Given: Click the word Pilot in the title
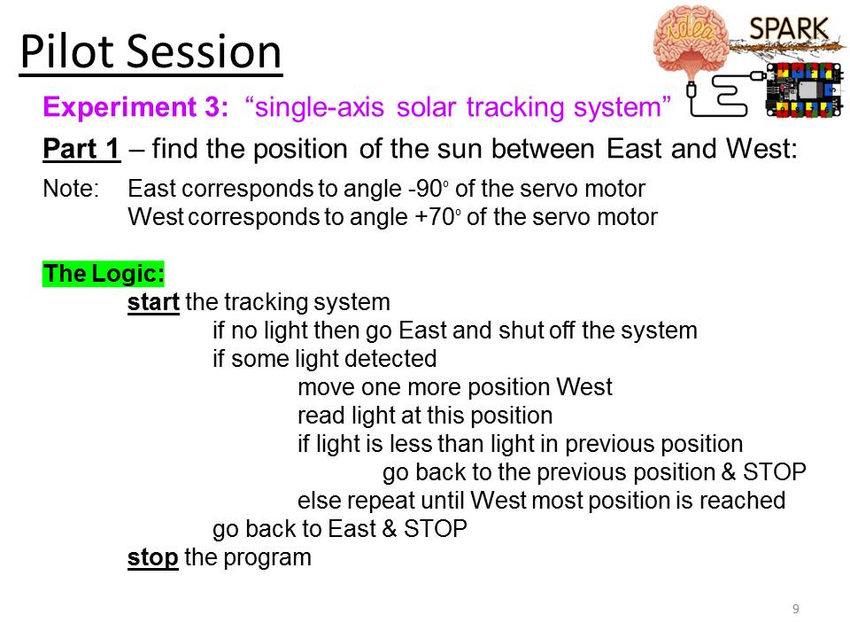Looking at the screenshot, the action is [x=66, y=52].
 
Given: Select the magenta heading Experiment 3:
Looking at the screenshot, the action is [x=135, y=107].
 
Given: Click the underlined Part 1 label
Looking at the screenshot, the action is [x=81, y=149].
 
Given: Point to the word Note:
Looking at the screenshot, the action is [x=71, y=189].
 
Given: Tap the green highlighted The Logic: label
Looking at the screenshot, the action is [x=103, y=274].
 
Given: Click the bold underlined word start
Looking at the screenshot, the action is [x=153, y=302].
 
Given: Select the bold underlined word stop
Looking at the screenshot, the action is [x=153, y=557].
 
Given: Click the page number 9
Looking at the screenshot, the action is [x=796, y=609].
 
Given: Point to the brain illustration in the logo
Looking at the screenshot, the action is [x=691, y=40].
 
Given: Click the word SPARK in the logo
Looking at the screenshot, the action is [x=789, y=28].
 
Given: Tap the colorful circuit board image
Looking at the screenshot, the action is [x=805, y=90].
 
